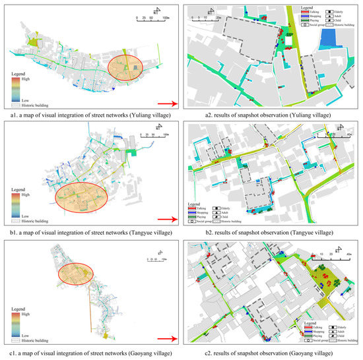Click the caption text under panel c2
pos(270,355)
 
